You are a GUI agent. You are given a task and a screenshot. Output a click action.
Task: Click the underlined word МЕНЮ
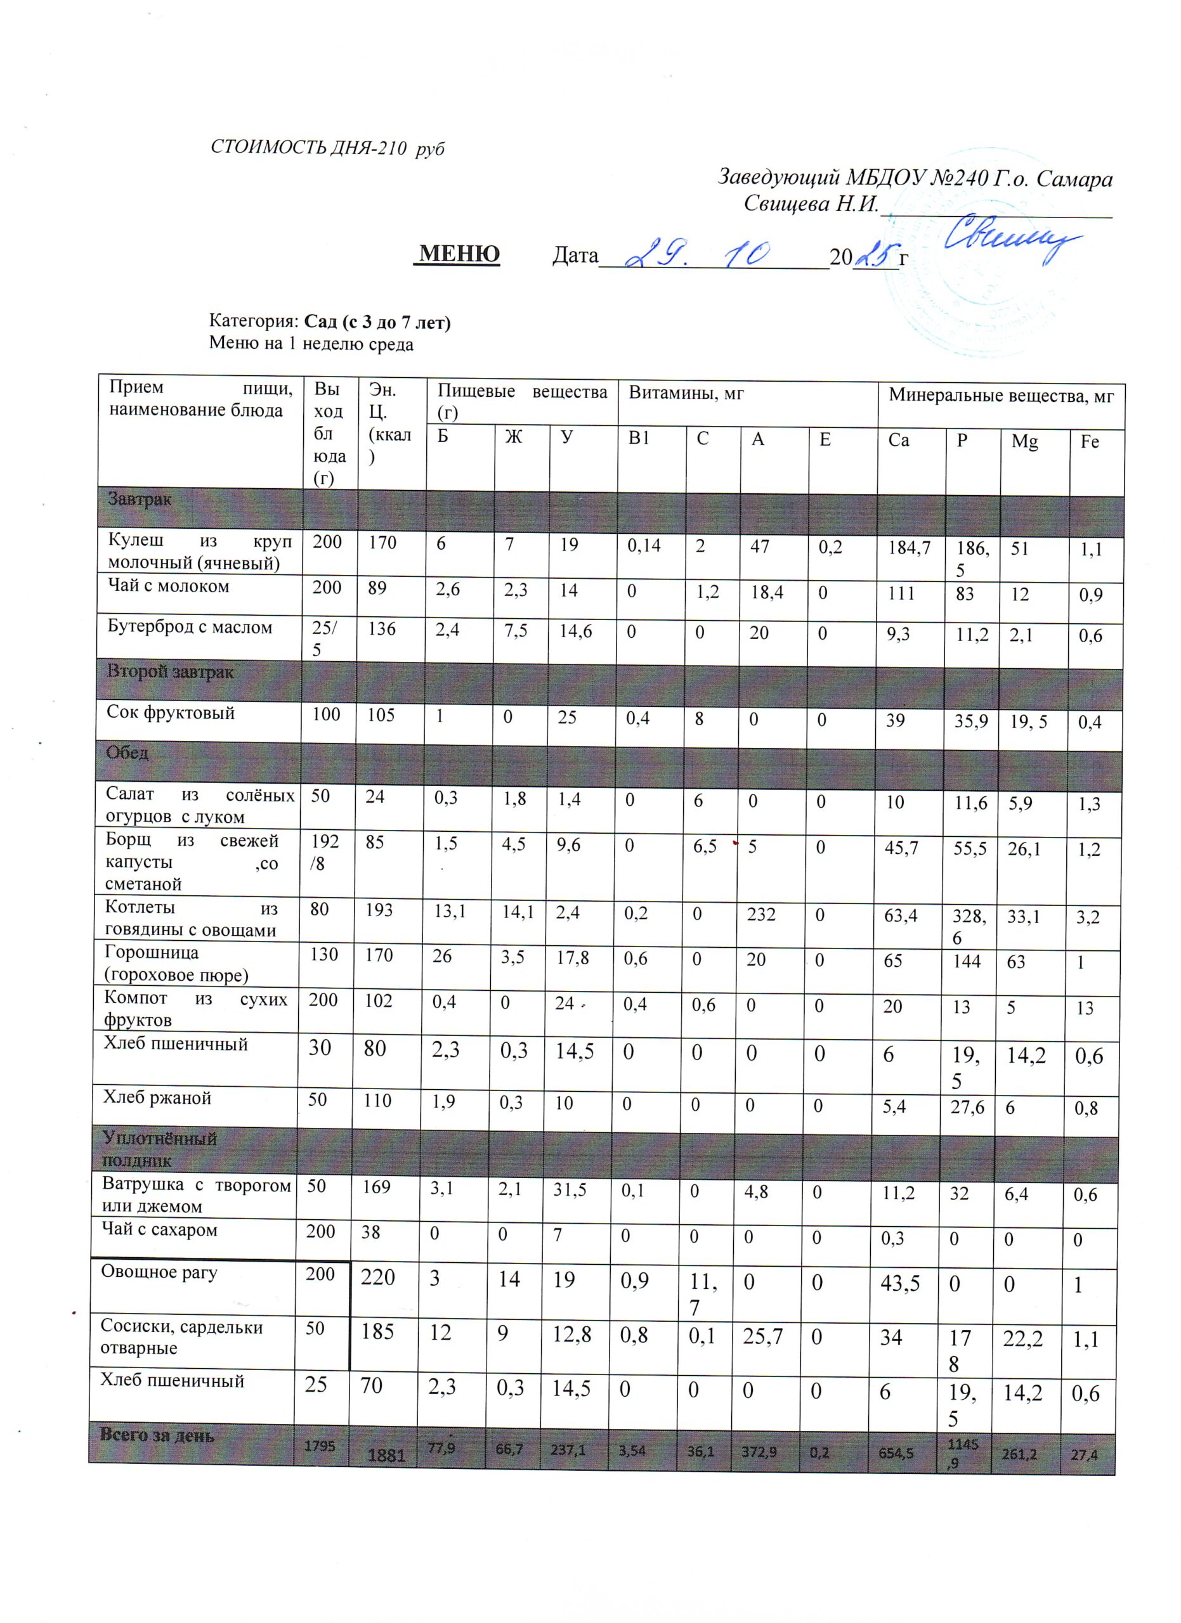tap(459, 254)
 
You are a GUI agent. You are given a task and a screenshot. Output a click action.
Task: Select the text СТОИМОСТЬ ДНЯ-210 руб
tap(327, 148)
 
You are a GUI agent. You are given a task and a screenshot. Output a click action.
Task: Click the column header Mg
tap(1024, 441)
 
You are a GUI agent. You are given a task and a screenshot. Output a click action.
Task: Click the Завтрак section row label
tap(140, 499)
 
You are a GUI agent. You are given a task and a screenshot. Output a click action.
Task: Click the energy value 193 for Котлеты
tap(379, 910)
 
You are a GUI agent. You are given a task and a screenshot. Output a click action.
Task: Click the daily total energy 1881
tap(386, 1455)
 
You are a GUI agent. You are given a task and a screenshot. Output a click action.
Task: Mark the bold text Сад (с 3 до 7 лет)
tap(377, 322)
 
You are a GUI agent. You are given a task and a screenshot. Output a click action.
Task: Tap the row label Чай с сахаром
tap(159, 1229)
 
